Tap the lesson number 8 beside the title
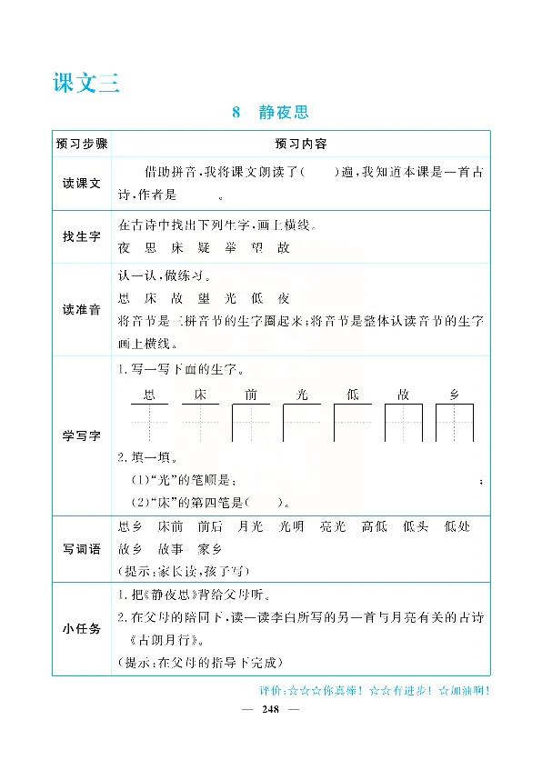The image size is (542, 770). tap(236, 113)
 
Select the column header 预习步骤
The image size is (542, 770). tap(81, 144)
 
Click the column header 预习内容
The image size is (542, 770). tap(301, 144)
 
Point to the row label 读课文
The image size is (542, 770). tap(81, 184)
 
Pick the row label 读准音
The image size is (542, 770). tap(81, 309)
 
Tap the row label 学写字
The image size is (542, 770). tap(81, 437)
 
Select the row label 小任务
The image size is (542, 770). tap(81, 630)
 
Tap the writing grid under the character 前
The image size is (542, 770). tap(251, 423)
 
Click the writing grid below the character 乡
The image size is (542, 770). tap(455, 423)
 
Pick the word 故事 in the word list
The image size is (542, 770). tap(170, 549)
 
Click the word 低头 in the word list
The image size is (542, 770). tap(416, 526)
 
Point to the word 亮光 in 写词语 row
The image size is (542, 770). tap(333, 526)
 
